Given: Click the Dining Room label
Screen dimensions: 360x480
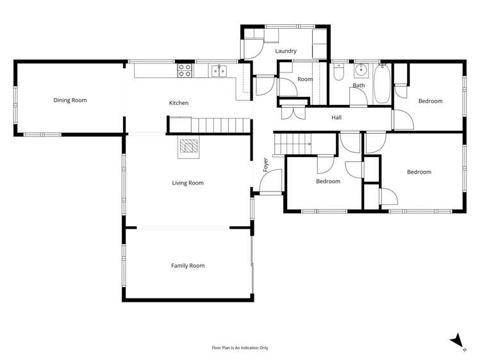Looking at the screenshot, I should (x=70, y=100).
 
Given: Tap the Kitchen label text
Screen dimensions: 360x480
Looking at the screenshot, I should (x=178, y=103).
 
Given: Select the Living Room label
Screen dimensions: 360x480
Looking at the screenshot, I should (x=187, y=183).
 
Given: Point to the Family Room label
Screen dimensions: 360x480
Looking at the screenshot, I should (x=187, y=265).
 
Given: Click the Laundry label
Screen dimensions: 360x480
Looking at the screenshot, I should (x=286, y=51).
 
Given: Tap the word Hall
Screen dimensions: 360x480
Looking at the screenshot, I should (x=336, y=118).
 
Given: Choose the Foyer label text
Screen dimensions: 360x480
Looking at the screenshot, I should (x=265, y=165).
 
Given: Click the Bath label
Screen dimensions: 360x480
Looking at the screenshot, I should (x=359, y=85).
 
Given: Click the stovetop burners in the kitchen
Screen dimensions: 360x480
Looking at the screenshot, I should (x=185, y=70).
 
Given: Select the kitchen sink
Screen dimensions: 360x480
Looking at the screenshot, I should (x=219, y=70).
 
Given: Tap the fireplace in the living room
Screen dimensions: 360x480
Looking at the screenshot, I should (x=188, y=148).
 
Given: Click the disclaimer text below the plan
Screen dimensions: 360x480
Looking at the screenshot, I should (x=240, y=348).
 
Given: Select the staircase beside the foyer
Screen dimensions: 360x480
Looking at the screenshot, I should (x=292, y=143).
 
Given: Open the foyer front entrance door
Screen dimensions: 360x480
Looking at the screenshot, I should (x=272, y=181).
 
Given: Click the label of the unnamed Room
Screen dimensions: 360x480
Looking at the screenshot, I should (x=304, y=79).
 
